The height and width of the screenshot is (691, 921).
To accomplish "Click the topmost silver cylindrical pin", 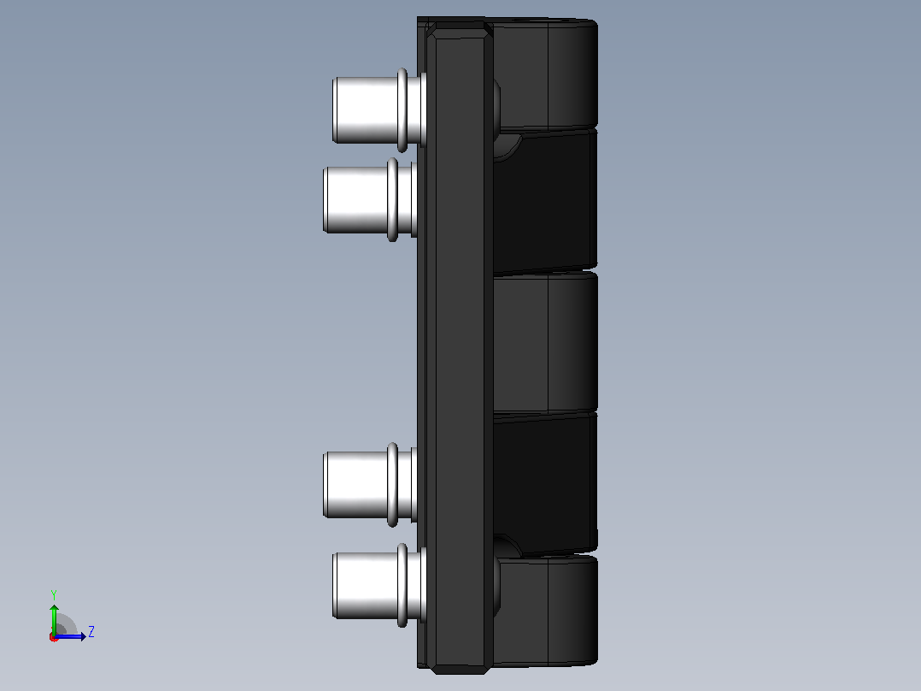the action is click(378, 110).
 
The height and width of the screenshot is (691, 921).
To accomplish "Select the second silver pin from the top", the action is click(370, 200).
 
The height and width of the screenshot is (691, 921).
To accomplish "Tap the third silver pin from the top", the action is click(370, 484).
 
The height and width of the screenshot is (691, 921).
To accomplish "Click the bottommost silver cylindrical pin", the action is click(378, 585).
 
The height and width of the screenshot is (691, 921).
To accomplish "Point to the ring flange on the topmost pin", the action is click(402, 110).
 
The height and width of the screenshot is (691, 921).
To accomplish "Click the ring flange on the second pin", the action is click(392, 200).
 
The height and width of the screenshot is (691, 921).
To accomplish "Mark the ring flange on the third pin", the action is click(392, 484).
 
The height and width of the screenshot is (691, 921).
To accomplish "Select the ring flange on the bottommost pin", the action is click(402, 585).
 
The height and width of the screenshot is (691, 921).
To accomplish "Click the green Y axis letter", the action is click(54, 595).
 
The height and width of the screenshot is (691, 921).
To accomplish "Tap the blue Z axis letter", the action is click(91, 632).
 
